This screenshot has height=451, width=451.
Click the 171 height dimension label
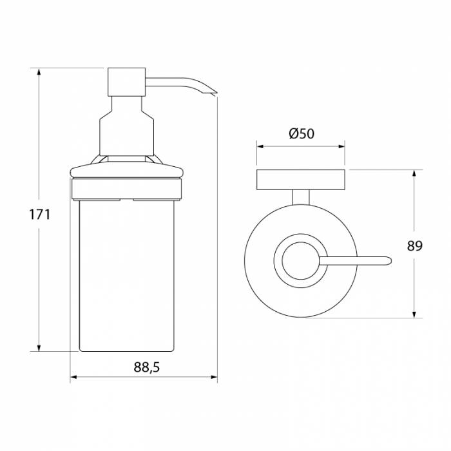pyautogui.click(x=40, y=215)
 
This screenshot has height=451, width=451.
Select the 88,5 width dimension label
pyautogui.click(x=146, y=367)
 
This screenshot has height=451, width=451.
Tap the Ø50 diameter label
pyautogui.click(x=302, y=133)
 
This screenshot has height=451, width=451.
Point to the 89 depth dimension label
pyautogui.click(x=414, y=246)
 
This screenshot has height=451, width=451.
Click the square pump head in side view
pyautogui.click(x=126, y=82)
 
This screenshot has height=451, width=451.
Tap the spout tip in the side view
pyautogui.click(x=215, y=93)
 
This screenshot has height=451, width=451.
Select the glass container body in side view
pyautogui.click(x=127, y=275)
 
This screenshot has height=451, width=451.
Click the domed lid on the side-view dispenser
pyautogui.click(x=127, y=171)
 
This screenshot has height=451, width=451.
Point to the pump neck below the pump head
pyautogui.click(x=127, y=126)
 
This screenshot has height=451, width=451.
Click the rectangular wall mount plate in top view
pyautogui.click(x=301, y=180)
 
